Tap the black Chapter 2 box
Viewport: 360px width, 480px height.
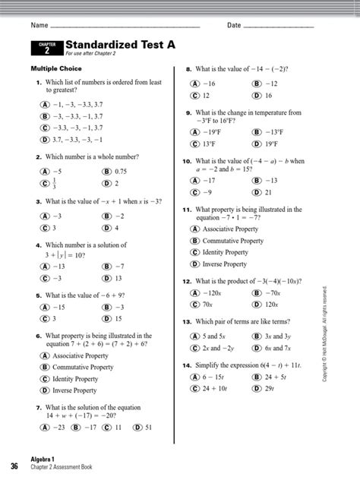click(x=46, y=49)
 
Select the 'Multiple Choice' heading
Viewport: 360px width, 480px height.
click(x=55, y=69)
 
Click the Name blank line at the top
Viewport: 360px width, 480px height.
click(x=129, y=27)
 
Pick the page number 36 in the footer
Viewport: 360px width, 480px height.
click(x=14, y=465)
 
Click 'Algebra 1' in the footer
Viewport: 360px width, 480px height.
click(x=44, y=461)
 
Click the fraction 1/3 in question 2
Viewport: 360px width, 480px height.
click(x=54, y=184)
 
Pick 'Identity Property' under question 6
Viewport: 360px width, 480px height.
click(x=75, y=379)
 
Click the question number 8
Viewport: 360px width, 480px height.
click(x=188, y=68)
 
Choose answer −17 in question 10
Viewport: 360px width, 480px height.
click(x=207, y=181)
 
